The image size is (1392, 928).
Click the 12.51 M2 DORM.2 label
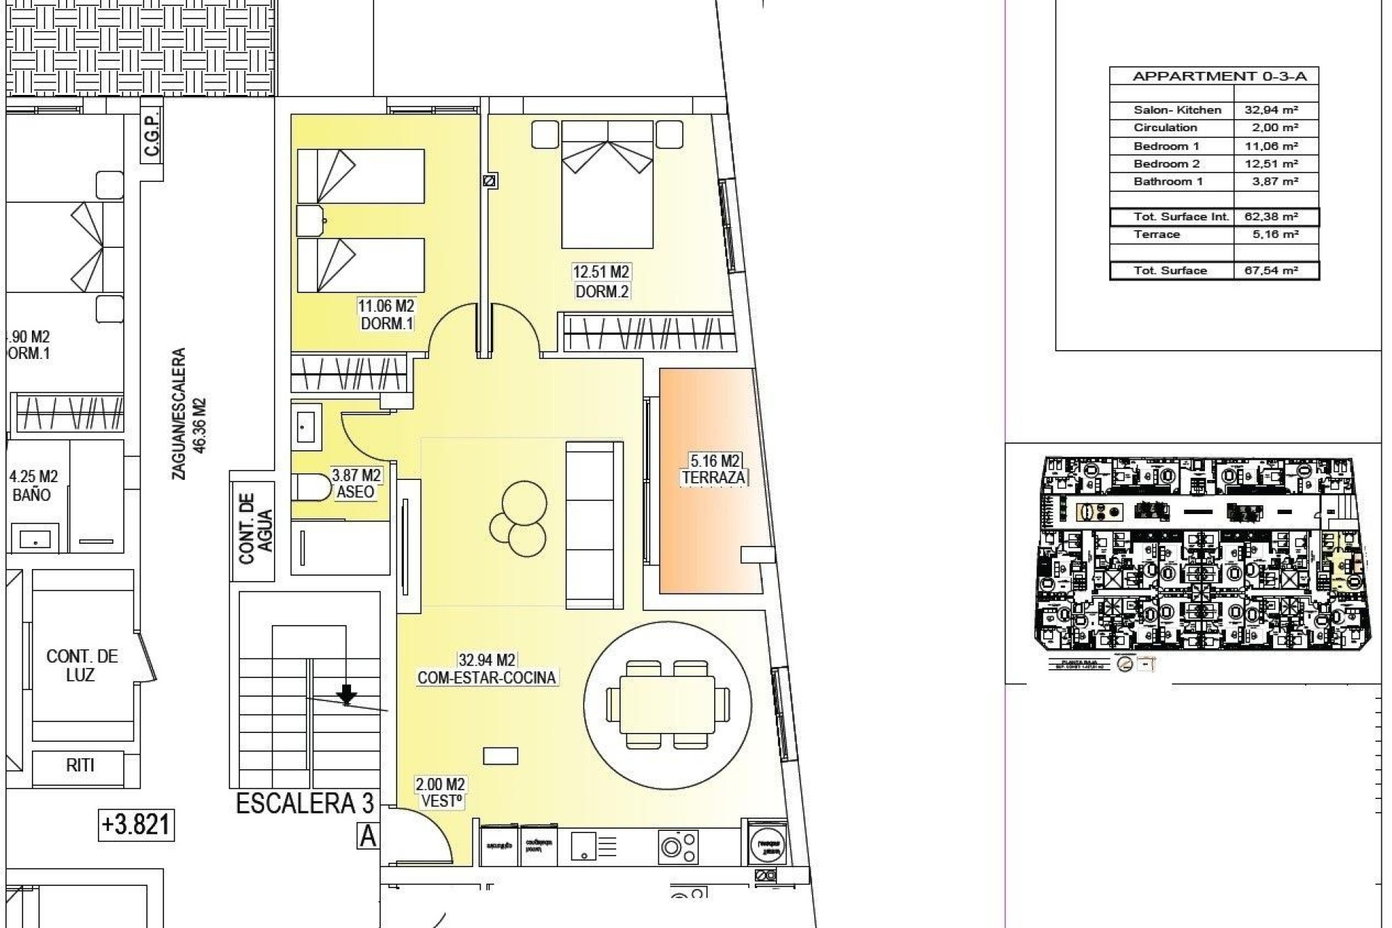click(601, 281)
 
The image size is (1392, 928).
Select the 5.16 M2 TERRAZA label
click(714, 469)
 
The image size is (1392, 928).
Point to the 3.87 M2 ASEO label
click(356, 484)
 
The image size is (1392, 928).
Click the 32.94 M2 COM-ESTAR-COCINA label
click(487, 669)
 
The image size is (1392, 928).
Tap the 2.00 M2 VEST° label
click(440, 793)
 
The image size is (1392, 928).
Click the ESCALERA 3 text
click(304, 803)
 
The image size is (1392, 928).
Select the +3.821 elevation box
click(136, 824)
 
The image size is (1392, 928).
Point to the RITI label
click(80, 765)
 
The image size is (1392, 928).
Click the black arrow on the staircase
click(347, 695)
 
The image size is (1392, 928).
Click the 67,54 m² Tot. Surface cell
click(1275, 270)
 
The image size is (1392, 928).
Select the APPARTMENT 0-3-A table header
click(1214, 76)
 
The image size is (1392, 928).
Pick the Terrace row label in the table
click(1157, 234)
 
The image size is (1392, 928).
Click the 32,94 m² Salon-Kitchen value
click(1275, 110)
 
